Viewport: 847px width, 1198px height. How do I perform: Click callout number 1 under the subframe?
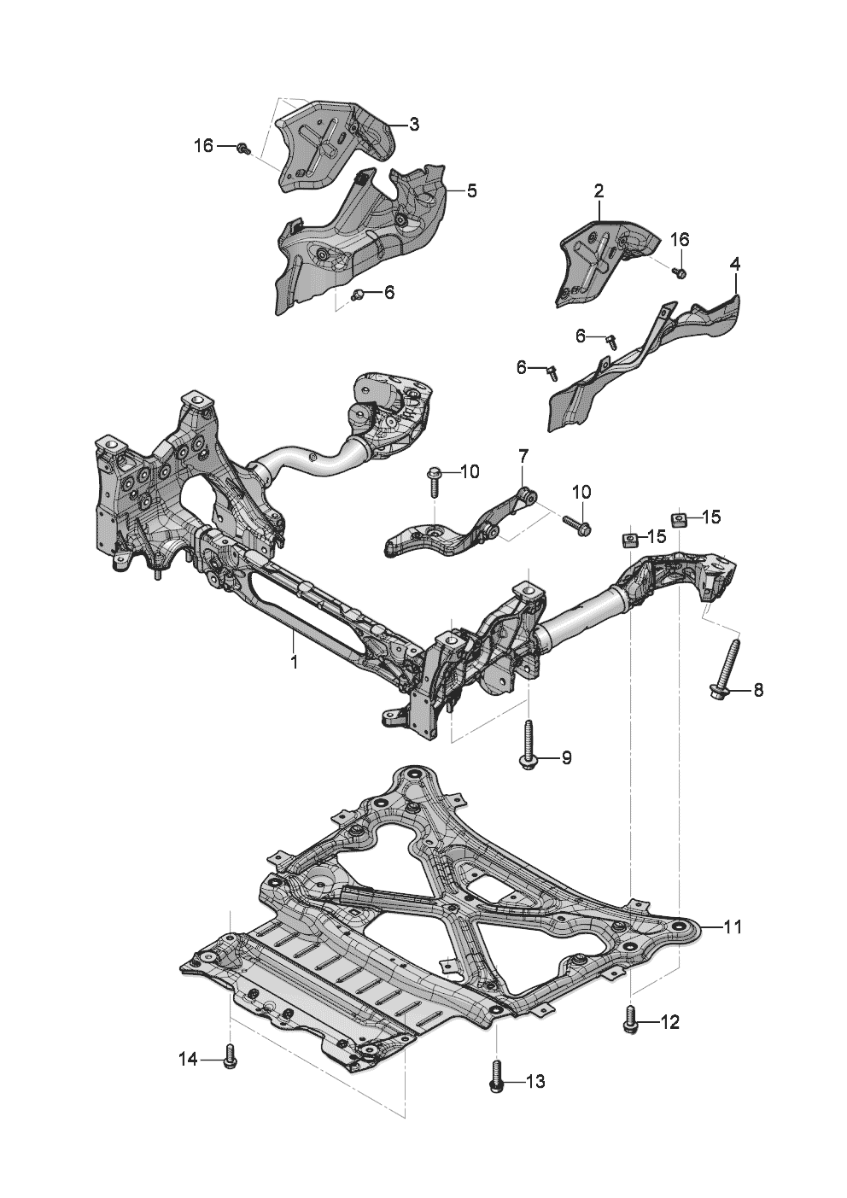point(293,662)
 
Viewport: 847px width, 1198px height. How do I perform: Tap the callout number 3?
point(413,125)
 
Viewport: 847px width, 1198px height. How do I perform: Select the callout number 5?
point(471,191)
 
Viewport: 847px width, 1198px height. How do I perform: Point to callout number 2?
point(599,189)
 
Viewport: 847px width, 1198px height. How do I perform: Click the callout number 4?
point(735,265)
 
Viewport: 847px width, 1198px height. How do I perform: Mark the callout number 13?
point(534,1083)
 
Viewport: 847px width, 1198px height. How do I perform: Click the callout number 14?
point(188,1059)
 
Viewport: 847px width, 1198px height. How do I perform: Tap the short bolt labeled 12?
point(631,1020)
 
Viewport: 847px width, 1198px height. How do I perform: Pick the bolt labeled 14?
point(229,1057)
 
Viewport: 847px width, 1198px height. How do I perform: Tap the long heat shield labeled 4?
point(649,359)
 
